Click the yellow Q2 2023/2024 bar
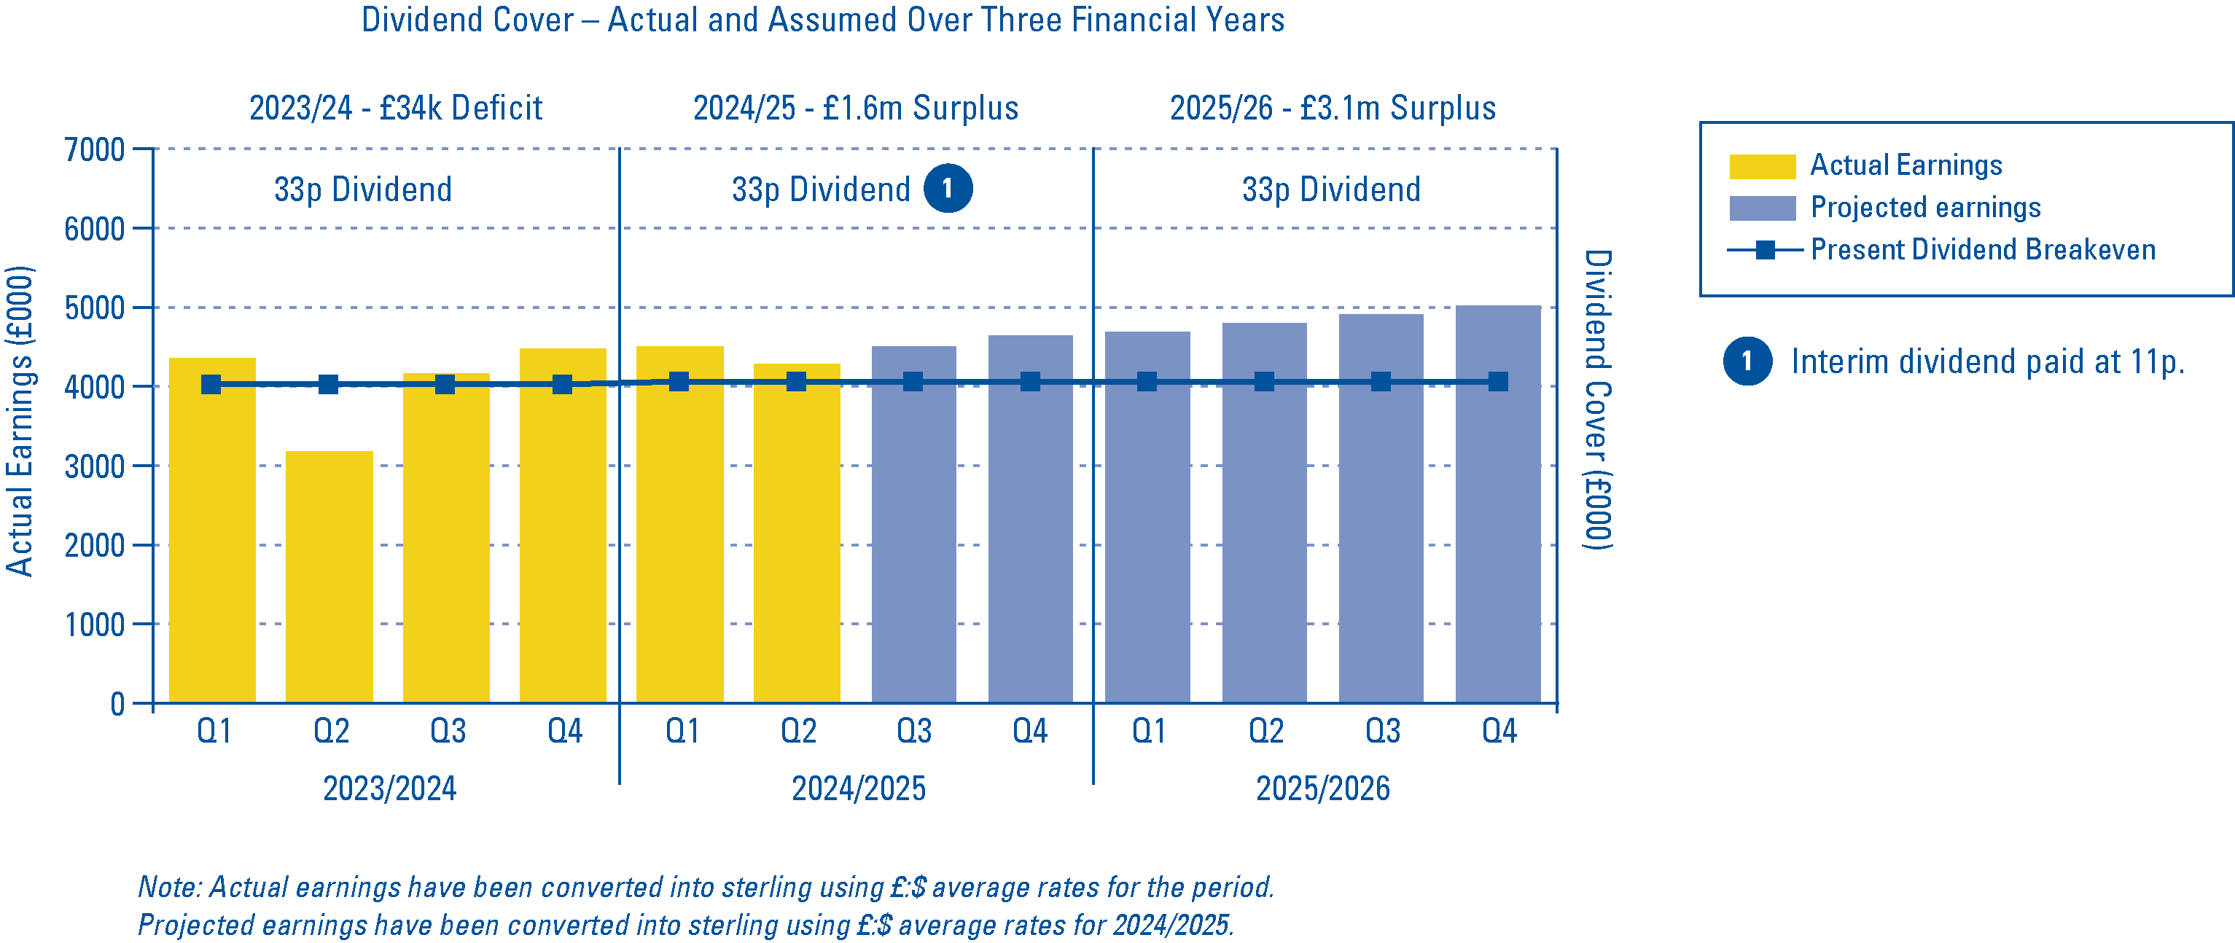(x=329, y=577)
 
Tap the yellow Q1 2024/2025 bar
(x=679, y=538)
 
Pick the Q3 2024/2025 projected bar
(x=913, y=538)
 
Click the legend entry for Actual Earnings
(x=1906, y=165)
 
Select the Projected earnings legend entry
(x=1924, y=208)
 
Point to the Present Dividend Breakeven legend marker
(x=1764, y=250)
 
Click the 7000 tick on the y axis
(x=95, y=150)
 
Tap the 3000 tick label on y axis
(x=95, y=466)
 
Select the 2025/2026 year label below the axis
(x=1322, y=789)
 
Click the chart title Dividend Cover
(x=822, y=20)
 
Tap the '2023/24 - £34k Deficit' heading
(x=396, y=109)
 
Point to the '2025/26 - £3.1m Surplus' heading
(x=1332, y=109)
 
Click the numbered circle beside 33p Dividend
(x=948, y=188)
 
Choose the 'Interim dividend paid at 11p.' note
(x=1987, y=361)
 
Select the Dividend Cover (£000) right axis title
(x=1597, y=399)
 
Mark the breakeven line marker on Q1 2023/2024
(x=211, y=384)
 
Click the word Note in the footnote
(x=170, y=887)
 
